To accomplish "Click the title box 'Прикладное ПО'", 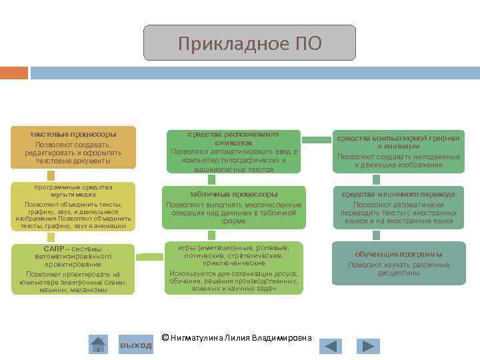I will (x=249, y=43).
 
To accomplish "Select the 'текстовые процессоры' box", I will (x=73, y=147).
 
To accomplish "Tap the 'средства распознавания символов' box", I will (x=233, y=151).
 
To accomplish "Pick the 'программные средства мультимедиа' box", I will (x=73, y=207).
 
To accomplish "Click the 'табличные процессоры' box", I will (x=233, y=207).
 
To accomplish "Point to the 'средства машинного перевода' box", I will (x=398, y=207).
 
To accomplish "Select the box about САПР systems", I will (x=73, y=269).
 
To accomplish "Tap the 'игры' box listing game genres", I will (x=233, y=267).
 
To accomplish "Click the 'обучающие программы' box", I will (x=398, y=264).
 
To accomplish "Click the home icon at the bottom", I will (x=99, y=345).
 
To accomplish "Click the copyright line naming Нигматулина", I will (x=237, y=337).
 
